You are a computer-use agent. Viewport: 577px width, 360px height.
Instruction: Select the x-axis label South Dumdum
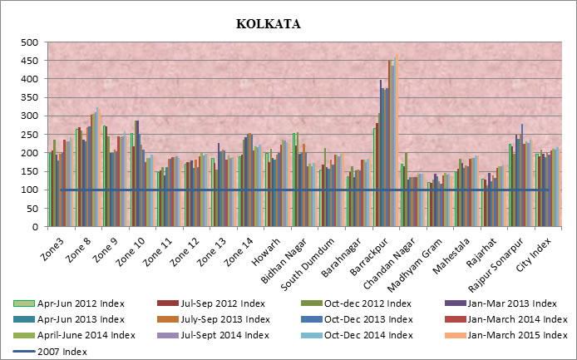303,258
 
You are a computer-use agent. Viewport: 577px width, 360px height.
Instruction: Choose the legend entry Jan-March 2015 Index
505,334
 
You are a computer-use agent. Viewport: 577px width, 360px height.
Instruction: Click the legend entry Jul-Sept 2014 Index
223,334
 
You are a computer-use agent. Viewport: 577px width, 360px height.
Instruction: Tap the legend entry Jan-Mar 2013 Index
504,303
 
